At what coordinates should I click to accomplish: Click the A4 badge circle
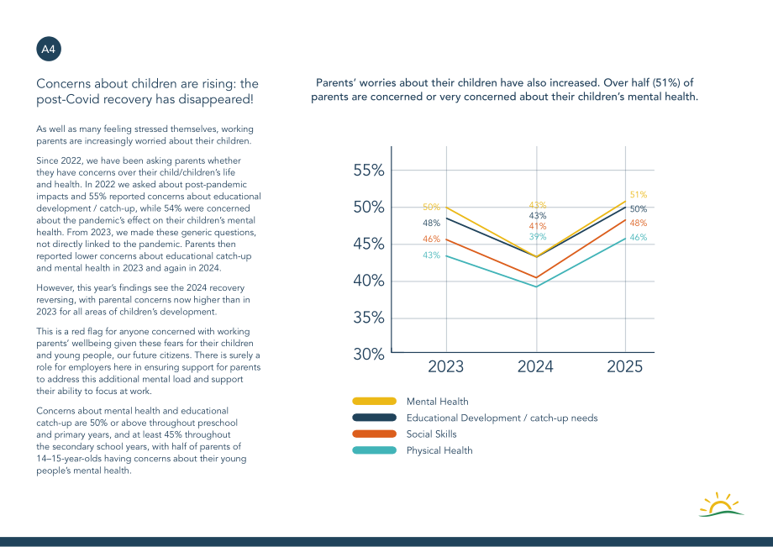click(49, 49)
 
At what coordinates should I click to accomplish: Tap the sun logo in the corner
click(721, 505)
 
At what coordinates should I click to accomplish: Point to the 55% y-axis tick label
click(369, 171)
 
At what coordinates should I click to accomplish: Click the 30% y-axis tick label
click(369, 354)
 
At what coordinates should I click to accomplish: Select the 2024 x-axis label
click(535, 366)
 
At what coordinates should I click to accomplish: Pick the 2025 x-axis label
click(624, 366)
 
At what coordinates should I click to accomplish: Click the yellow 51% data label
click(639, 195)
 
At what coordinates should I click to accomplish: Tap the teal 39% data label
click(538, 237)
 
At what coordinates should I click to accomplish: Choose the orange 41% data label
click(538, 226)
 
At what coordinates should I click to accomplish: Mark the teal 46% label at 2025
click(639, 237)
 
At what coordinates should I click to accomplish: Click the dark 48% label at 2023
click(431, 224)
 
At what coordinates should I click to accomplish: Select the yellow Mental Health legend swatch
click(374, 401)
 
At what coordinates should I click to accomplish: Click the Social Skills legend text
click(431, 434)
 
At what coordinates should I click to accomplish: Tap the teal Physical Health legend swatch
click(374, 450)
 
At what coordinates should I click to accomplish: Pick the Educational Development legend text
click(502, 418)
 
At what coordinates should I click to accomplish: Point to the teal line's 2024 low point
click(536, 287)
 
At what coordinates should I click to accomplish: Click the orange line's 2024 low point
click(536, 278)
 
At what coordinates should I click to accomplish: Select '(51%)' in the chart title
click(667, 83)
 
